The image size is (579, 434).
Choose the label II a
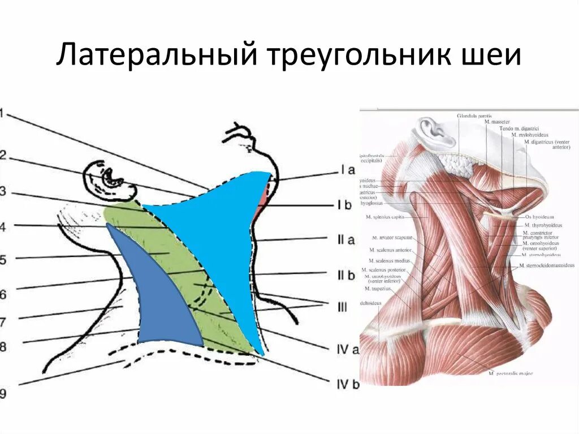coord(346,240)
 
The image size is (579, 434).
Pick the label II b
coord(346,275)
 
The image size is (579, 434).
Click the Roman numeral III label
coord(342,307)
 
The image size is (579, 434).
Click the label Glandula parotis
coord(475,116)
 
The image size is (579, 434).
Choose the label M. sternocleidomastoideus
coord(547,265)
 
